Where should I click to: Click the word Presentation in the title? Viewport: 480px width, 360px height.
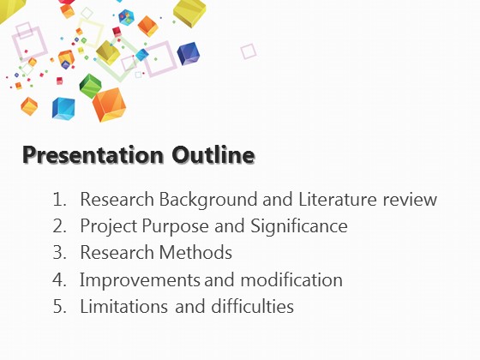tap(93, 155)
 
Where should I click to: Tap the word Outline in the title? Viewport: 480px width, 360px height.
tap(213, 154)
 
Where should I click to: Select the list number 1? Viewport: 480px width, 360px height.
tap(59, 199)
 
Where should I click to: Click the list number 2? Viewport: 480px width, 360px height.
tap(59, 226)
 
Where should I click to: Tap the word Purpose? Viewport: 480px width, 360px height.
tap(175, 227)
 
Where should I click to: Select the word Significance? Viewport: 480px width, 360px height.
tap(299, 227)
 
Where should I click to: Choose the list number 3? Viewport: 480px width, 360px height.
tap(59, 253)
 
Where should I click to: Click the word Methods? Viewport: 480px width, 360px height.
tap(195, 253)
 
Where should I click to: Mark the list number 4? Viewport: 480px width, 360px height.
tap(59, 279)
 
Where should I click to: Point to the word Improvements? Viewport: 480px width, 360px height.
tap(139, 280)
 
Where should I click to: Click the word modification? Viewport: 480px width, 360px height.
tap(291, 279)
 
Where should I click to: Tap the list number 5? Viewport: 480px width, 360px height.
tap(59, 306)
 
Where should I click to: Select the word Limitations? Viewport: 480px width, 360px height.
tap(123, 306)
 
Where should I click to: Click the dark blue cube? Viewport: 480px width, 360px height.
tap(188, 53)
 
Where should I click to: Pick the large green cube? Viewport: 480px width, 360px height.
tap(90, 86)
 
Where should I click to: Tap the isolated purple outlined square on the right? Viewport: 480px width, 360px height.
tap(249, 51)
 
